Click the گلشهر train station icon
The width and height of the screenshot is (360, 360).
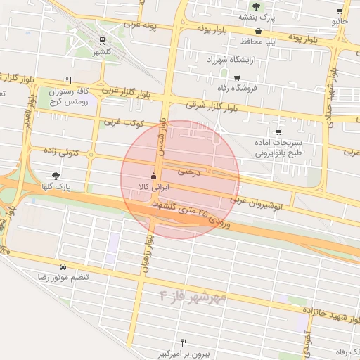[103, 41]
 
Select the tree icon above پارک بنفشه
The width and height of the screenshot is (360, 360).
[256, 6]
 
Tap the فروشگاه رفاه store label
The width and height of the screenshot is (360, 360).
[238, 87]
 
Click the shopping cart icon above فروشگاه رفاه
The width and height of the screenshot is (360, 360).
[238, 78]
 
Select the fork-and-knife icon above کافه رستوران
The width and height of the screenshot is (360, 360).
[68, 80]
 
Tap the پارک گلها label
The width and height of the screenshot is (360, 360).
[56, 186]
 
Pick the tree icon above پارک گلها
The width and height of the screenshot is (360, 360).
[56, 176]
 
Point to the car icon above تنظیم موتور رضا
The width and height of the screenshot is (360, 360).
[63, 267]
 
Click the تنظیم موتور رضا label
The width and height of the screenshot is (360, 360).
[64, 278]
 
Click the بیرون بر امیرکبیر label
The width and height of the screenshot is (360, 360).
[184, 353]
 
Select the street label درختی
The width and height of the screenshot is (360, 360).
[189, 171]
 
